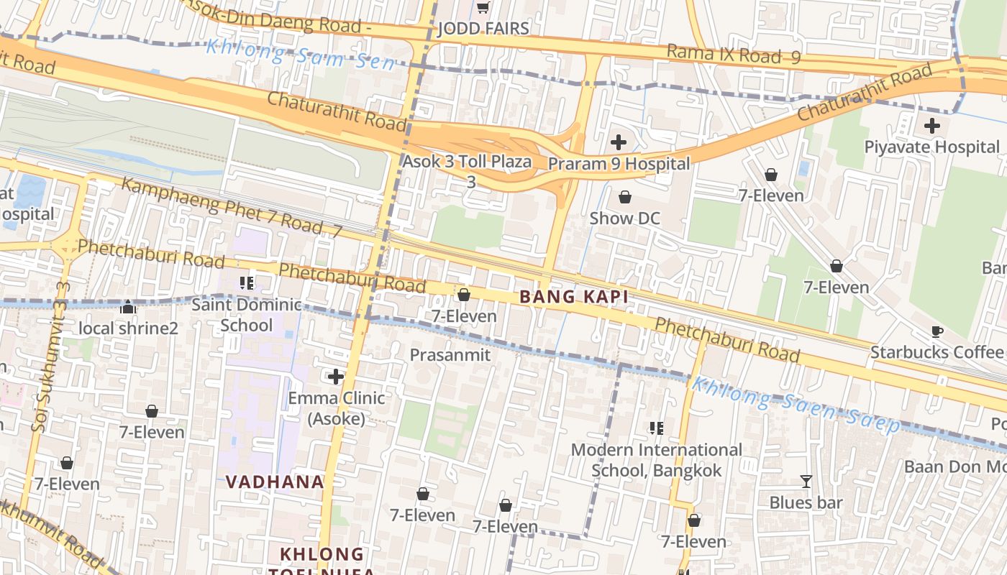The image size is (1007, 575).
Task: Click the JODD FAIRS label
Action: pos(483,29)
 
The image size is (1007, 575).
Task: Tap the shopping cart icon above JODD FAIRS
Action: pos(483,7)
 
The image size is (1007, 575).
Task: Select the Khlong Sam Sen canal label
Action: pos(301,55)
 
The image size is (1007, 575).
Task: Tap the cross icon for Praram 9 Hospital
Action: pos(618,142)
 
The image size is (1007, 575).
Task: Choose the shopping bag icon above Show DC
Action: pos(624,197)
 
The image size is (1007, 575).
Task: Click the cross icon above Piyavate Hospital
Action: pos(931,126)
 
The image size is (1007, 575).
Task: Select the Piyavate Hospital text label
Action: pos(931,147)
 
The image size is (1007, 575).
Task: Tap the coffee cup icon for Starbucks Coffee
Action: pos(937,331)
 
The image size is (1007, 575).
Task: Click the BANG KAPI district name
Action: pos(574,297)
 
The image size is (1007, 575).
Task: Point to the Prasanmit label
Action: pos(450,355)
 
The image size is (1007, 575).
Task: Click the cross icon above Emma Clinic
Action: pos(335,377)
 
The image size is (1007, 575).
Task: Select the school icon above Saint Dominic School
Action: pos(247,283)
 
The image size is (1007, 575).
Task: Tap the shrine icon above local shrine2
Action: pos(128,308)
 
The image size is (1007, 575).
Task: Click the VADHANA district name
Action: pos(275,482)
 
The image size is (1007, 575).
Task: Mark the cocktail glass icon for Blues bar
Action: pos(806,482)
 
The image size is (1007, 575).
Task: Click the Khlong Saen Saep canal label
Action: pos(794,405)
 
